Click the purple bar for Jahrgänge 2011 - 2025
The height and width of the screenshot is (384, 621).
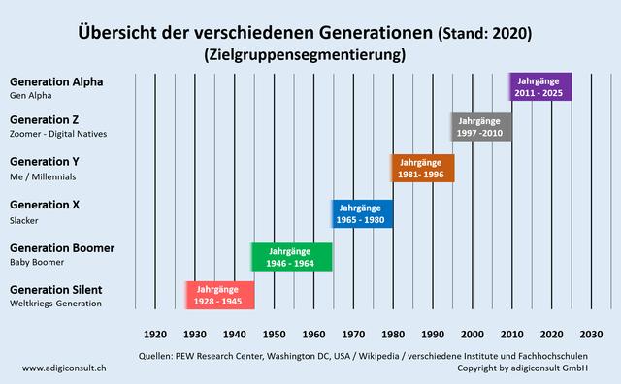tap(540, 86)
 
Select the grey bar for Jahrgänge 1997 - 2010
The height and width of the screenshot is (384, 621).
tap(481, 127)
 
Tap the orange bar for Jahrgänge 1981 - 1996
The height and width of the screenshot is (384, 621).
tap(422, 168)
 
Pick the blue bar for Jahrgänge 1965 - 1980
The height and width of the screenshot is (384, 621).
tap(362, 213)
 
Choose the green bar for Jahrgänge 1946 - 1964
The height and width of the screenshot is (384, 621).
tap(292, 257)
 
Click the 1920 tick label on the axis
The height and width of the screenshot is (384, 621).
tap(155, 334)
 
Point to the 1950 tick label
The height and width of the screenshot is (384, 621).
tap(274, 334)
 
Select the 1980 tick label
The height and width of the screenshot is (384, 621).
tap(393, 334)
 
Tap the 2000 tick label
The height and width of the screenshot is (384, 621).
tap(473, 334)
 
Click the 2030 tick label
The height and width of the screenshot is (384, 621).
tap(591, 334)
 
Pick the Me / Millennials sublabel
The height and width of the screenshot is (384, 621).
tap(42, 177)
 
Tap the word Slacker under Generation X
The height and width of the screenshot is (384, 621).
tap(23, 220)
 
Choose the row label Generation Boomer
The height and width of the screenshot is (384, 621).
tap(61, 248)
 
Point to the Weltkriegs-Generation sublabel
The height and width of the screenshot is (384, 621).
tap(55, 304)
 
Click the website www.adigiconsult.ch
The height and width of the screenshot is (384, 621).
tap(64, 368)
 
